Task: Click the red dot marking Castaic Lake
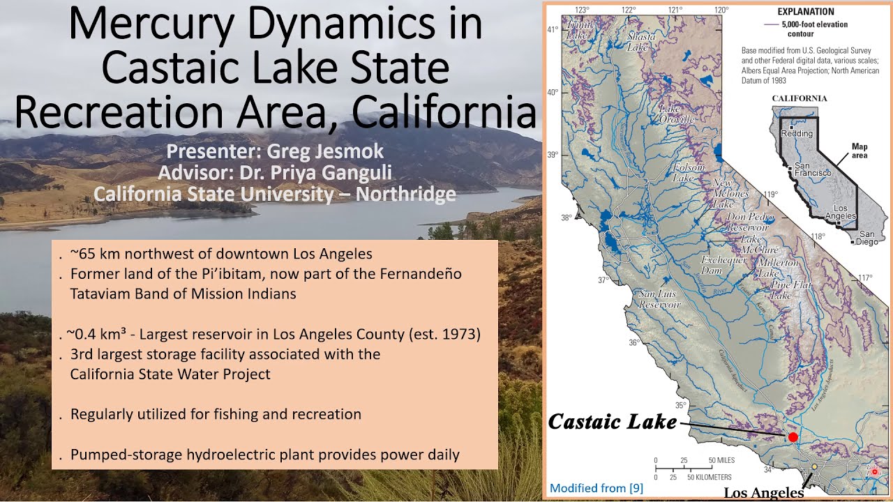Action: point(793,437)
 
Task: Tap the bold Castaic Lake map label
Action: point(612,422)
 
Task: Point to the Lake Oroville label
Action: point(677,114)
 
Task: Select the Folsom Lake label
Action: point(688,173)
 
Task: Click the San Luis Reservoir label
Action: point(659,299)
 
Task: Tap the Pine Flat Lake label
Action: point(790,290)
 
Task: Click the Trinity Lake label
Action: point(581,29)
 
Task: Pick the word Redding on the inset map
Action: point(797,133)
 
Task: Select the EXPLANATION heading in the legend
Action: point(806,12)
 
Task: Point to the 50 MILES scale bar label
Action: point(721,461)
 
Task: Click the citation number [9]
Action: point(636,488)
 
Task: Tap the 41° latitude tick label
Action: point(552,30)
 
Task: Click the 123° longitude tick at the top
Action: point(582,10)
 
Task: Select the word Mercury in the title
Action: point(151,25)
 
